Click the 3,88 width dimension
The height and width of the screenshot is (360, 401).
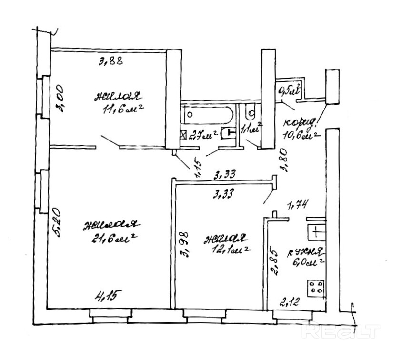click(111, 61)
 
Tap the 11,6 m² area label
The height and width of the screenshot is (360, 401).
click(122, 110)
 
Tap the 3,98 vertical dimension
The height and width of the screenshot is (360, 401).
click(185, 245)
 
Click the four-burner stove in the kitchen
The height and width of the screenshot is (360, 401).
click(316, 287)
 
